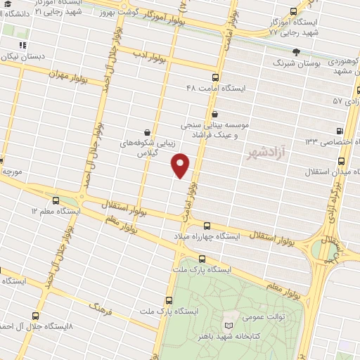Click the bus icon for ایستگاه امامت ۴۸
215,78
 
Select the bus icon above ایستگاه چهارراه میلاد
207,226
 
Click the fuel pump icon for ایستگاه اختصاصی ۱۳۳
340,131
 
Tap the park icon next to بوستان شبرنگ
296,51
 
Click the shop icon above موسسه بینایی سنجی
214,113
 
